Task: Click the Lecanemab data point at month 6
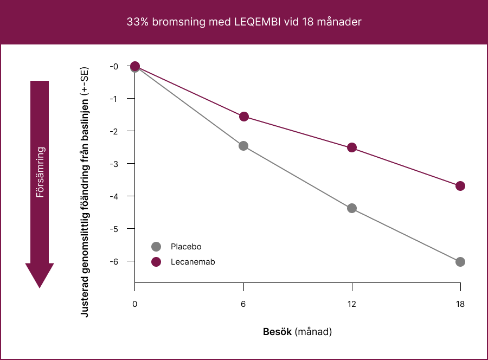[244, 117]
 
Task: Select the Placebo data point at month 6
[243, 146]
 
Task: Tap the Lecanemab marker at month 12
[352, 147]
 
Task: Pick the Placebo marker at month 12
[352, 208]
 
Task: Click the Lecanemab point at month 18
[460, 186]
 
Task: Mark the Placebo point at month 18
[460, 262]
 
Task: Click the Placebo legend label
[186, 247]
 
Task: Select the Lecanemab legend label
[192, 262]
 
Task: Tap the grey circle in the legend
[157, 247]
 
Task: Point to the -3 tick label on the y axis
[114, 164]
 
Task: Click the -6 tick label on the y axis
[114, 261]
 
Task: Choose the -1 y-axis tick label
[114, 99]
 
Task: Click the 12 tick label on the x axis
[352, 304]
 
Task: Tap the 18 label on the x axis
[460, 304]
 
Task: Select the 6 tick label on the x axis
[243, 304]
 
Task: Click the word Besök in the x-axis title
[278, 331]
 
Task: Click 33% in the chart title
[136, 22]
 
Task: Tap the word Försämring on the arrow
[40, 172]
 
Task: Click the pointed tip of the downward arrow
[40, 287]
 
